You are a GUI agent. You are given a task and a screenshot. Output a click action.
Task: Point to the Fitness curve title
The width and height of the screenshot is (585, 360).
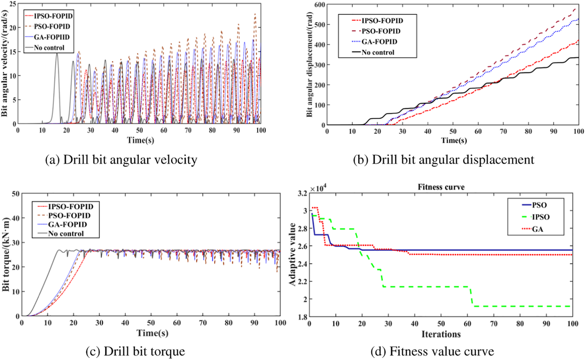click(x=441, y=187)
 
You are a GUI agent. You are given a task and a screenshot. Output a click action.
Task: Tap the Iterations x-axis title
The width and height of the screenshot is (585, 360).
click(x=441, y=334)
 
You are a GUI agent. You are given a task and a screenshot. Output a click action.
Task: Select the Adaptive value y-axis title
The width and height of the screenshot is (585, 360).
click(x=292, y=254)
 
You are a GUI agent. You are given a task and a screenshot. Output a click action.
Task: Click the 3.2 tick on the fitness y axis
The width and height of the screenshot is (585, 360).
click(x=302, y=193)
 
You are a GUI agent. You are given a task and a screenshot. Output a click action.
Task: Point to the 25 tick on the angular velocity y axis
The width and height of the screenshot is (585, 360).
click(x=12, y=4)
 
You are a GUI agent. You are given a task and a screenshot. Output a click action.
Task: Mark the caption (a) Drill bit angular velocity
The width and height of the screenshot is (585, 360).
click(x=121, y=160)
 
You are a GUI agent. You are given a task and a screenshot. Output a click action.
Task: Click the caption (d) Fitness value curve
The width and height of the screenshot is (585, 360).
click(x=432, y=351)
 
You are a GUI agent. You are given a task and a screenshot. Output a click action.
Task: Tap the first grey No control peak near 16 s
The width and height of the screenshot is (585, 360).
click(x=57, y=54)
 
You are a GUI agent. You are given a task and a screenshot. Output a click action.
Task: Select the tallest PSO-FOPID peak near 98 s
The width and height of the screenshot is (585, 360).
click(x=255, y=14)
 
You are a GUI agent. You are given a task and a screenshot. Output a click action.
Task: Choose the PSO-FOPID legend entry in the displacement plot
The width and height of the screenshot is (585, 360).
click(x=381, y=31)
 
